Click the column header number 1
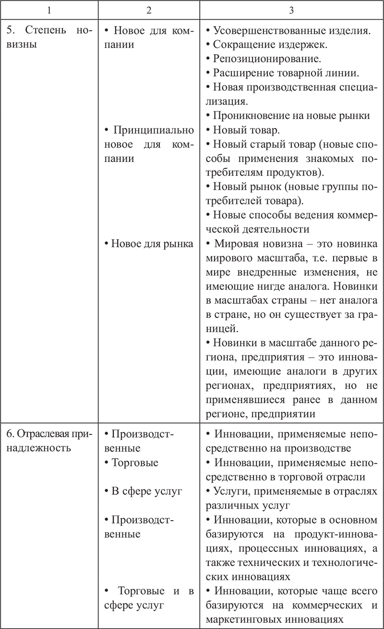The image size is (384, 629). point(49,10)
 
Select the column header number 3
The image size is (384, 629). point(291,10)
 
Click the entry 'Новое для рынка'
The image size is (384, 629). point(149,243)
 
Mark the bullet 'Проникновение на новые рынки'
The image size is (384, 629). point(291,116)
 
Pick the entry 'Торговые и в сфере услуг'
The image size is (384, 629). point(149,598)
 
